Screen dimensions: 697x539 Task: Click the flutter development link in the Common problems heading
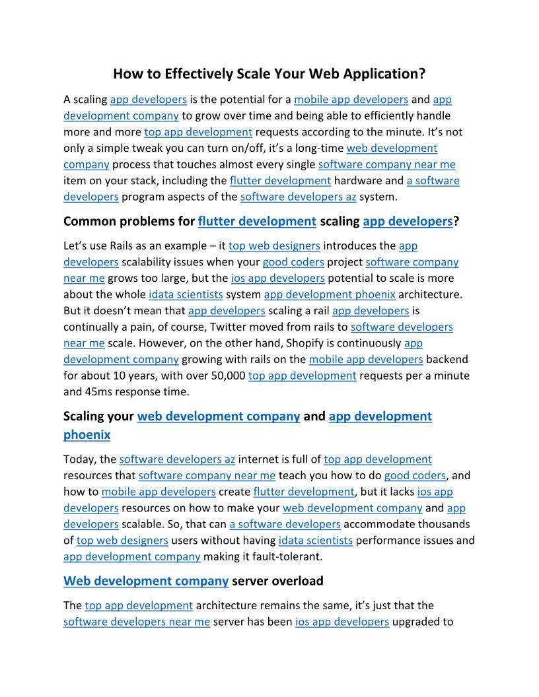point(257,221)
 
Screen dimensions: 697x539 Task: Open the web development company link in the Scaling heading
point(219,416)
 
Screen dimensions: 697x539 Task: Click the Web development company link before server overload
point(146,581)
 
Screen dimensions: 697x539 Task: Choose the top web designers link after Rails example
point(274,246)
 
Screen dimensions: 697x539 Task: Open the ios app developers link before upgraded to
point(341,621)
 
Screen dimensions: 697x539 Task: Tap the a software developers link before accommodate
point(285,524)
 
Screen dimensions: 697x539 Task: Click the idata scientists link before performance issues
point(315,541)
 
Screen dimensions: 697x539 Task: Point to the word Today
point(78,459)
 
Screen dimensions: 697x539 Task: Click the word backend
point(447,359)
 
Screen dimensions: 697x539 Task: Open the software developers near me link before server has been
point(137,621)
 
